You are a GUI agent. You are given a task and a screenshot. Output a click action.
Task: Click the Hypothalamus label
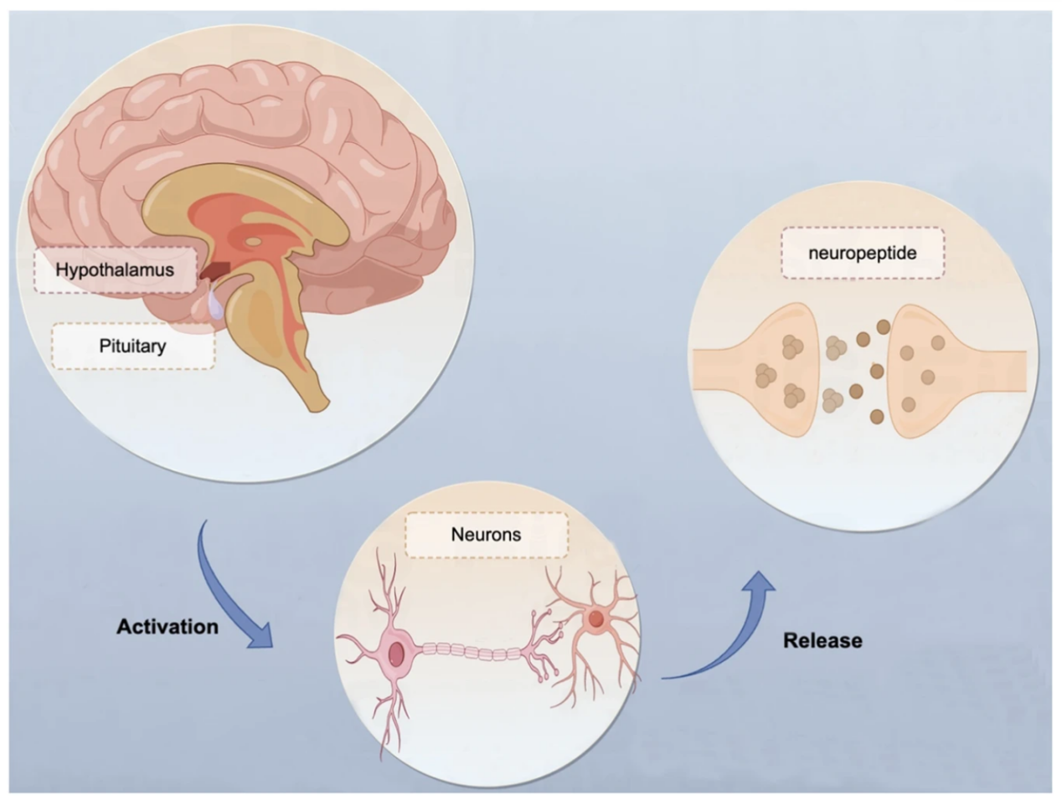click(x=115, y=269)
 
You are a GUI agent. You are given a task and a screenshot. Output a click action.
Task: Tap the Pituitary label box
click(x=132, y=346)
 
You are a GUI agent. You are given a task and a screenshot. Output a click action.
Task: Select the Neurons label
click(x=486, y=534)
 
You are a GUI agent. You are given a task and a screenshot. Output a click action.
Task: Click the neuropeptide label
click(x=862, y=253)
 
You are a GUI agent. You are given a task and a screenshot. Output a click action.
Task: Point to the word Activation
click(x=168, y=627)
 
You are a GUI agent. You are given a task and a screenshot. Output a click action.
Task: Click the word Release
click(x=822, y=641)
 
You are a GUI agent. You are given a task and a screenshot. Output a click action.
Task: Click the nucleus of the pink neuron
click(x=396, y=653)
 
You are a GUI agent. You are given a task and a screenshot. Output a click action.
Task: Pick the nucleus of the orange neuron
click(x=595, y=619)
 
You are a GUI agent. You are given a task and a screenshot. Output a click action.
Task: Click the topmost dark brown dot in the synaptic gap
click(x=883, y=326)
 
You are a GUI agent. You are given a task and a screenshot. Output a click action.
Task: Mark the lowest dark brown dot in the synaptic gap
click(x=876, y=416)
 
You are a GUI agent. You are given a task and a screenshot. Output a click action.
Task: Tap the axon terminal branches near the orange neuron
click(x=540, y=644)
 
